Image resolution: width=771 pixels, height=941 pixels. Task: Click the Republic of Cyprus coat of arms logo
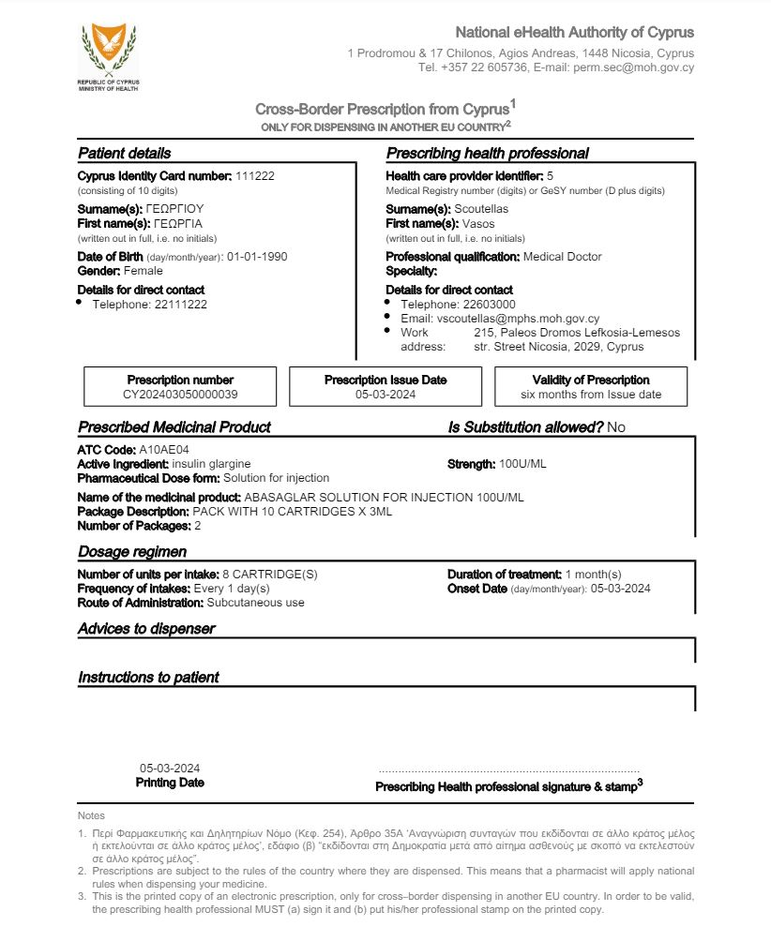pyautogui.click(x=108, y=51)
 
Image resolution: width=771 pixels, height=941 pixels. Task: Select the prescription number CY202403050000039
pyautogui.click(x=180, y=395)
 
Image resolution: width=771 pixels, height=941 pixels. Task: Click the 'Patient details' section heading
pyautogui.click(x=124, y=154)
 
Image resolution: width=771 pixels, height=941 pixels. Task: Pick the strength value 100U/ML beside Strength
pyautogui.click(x=523, y=464)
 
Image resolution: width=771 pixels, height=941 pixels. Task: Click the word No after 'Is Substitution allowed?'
pyautogui.click(x=616, y=427)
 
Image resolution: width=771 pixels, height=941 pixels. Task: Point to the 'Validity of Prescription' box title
pyautogui.click(x=591, y=380)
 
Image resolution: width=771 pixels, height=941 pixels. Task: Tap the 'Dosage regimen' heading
pyautogui.click(x=132, y=551)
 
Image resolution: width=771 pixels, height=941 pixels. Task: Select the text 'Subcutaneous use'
pyautogui.click(x=255, y=603)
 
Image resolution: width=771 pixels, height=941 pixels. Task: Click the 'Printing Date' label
pyautogui.click(x=170, y=783)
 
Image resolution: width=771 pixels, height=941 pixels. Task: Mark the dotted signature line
pyautogui.click(x=508, y=769)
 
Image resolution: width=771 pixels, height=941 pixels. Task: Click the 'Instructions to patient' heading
pyautogui.click(x=148, y=678)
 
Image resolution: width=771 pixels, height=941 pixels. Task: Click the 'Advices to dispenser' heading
pyautogui.click(x=146, y=629)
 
